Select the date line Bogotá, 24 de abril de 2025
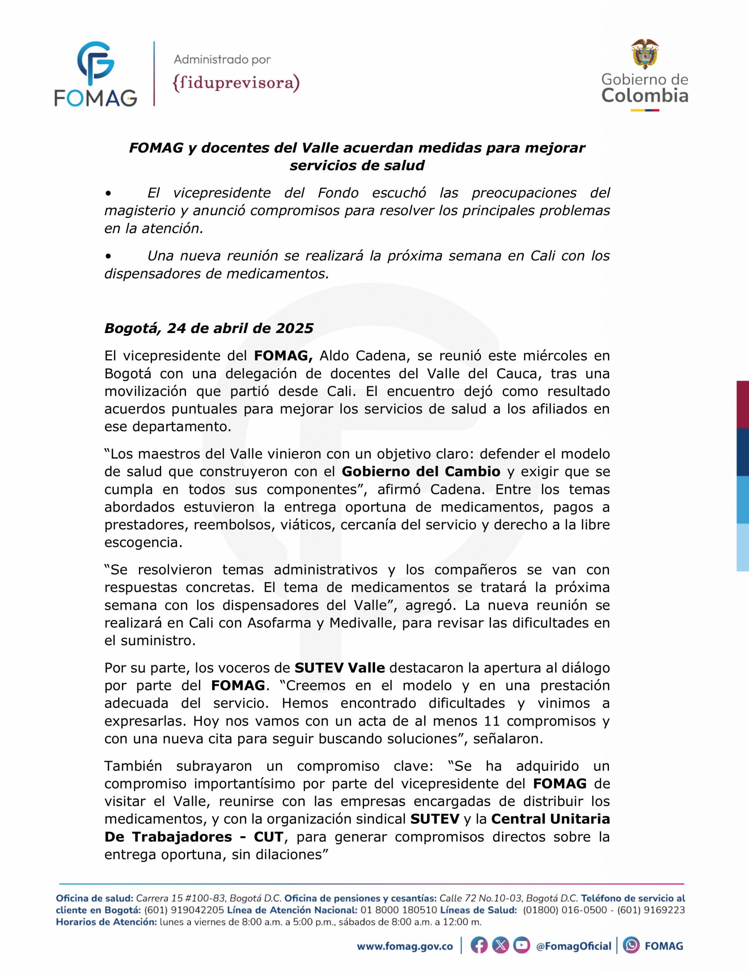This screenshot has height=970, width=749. [x=209, y=328]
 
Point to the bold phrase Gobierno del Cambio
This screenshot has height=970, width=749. [x=421, y=471]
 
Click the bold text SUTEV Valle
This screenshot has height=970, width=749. [x=340, y=668]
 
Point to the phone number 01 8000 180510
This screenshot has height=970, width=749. [x=398, y=910]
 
